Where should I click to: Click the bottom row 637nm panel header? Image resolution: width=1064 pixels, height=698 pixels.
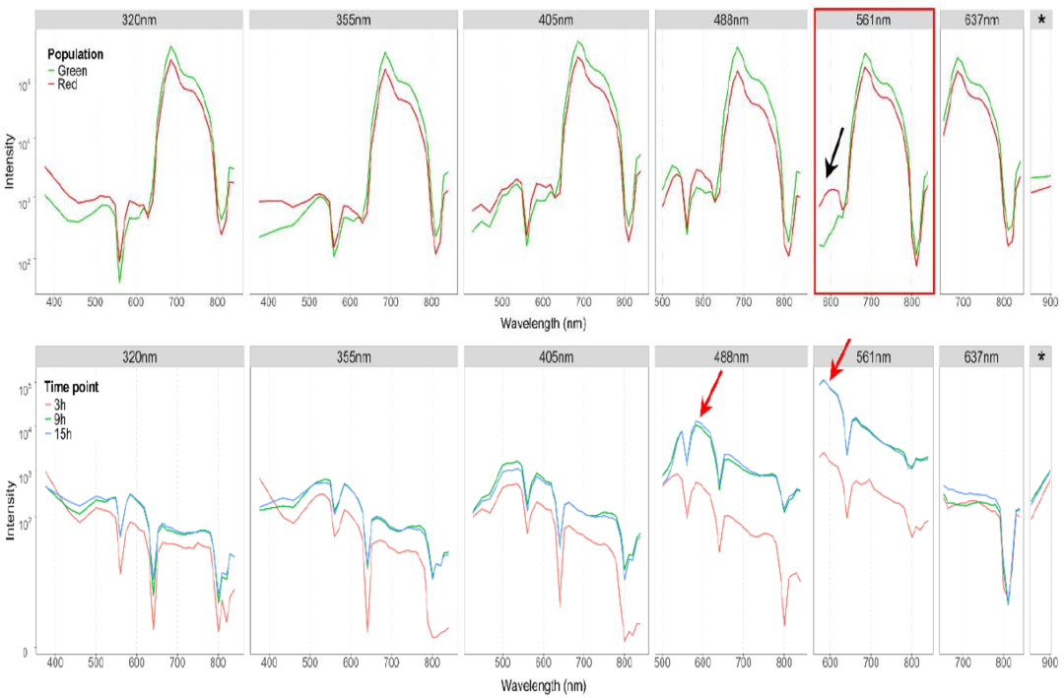click(981, 356)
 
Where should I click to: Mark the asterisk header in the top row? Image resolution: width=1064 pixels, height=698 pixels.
click(1041, 19)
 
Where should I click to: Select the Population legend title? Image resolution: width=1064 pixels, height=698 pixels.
click(76, 54)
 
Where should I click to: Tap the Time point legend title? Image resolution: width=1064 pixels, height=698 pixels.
click(73, 388)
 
